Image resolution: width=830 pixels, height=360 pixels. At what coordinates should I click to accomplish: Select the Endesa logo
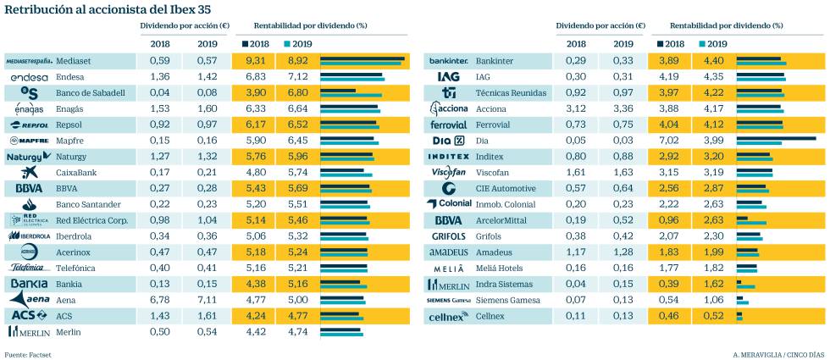pyautogui.click(x=28, y=77)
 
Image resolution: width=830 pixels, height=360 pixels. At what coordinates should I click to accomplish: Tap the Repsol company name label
pyautogui.click(x=74, y=125)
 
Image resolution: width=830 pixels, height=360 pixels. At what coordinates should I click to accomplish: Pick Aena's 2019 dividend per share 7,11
pyautogui.click(x=207, y=299)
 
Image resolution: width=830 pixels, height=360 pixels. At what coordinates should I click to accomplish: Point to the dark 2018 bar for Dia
pyautogui.click(x=776, y=137)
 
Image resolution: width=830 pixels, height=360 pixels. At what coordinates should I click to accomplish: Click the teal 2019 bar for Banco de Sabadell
pyautogui.click(x=351, y=96)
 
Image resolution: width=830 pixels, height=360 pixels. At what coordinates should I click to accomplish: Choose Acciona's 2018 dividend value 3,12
pyautogui.click(x=576, y=108)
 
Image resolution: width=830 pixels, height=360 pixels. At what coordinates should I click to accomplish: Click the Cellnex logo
pyautogui.click(x=448, y=317)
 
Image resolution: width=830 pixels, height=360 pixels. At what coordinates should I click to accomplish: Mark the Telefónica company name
pyautogui.click(x=78, y=268)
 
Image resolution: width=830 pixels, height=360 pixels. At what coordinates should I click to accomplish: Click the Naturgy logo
pyautogui.click(x=29, y=157)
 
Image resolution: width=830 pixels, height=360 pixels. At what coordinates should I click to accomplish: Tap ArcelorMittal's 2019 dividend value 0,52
pyautogui.click(x=622, y=220)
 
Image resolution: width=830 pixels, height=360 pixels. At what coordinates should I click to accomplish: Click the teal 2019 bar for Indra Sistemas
pyautogui.click(x=745, y=287)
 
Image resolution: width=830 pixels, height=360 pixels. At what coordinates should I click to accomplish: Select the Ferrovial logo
pyautogui.click(x=449, y=125)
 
